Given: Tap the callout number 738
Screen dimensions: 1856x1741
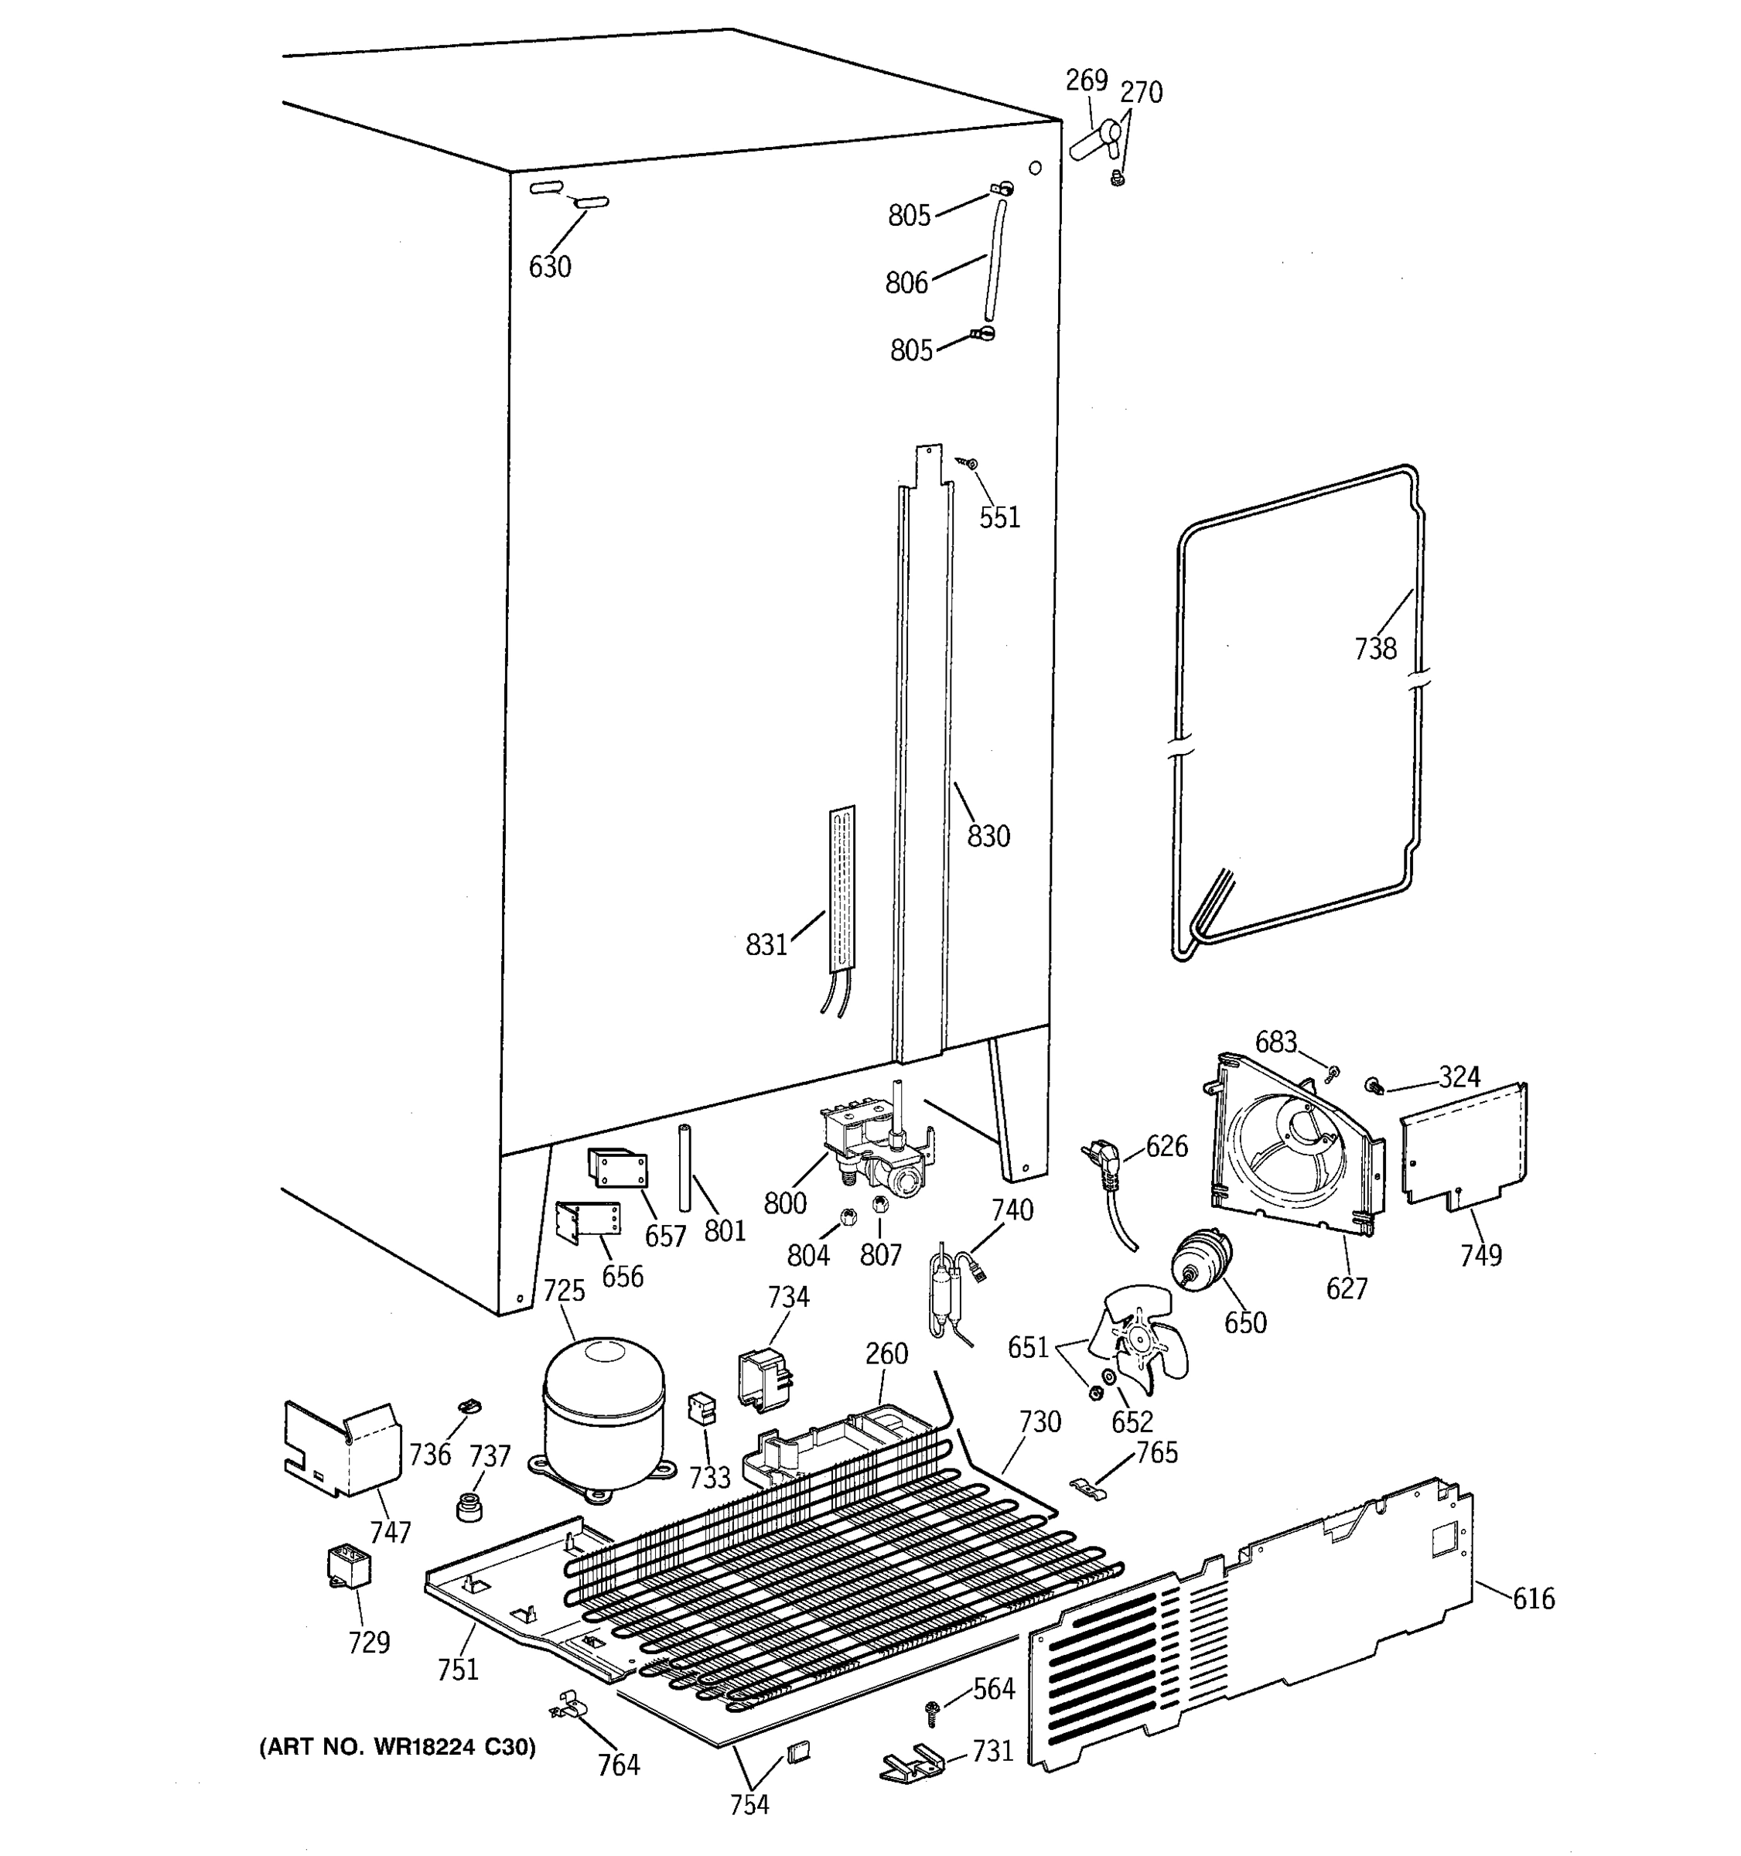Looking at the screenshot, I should tap(1375, 649).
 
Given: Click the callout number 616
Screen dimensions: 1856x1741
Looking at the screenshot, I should tap(1534, 1599).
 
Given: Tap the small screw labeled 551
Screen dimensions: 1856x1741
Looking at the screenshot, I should tap(971, 462).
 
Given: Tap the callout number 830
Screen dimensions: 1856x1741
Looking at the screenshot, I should tap(988, 835).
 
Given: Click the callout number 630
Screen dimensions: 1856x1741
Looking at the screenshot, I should tap(550, 267).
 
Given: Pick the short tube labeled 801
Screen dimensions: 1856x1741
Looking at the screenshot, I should tap(684, 1168).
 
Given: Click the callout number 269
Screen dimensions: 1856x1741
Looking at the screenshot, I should tap(1087, 81).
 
